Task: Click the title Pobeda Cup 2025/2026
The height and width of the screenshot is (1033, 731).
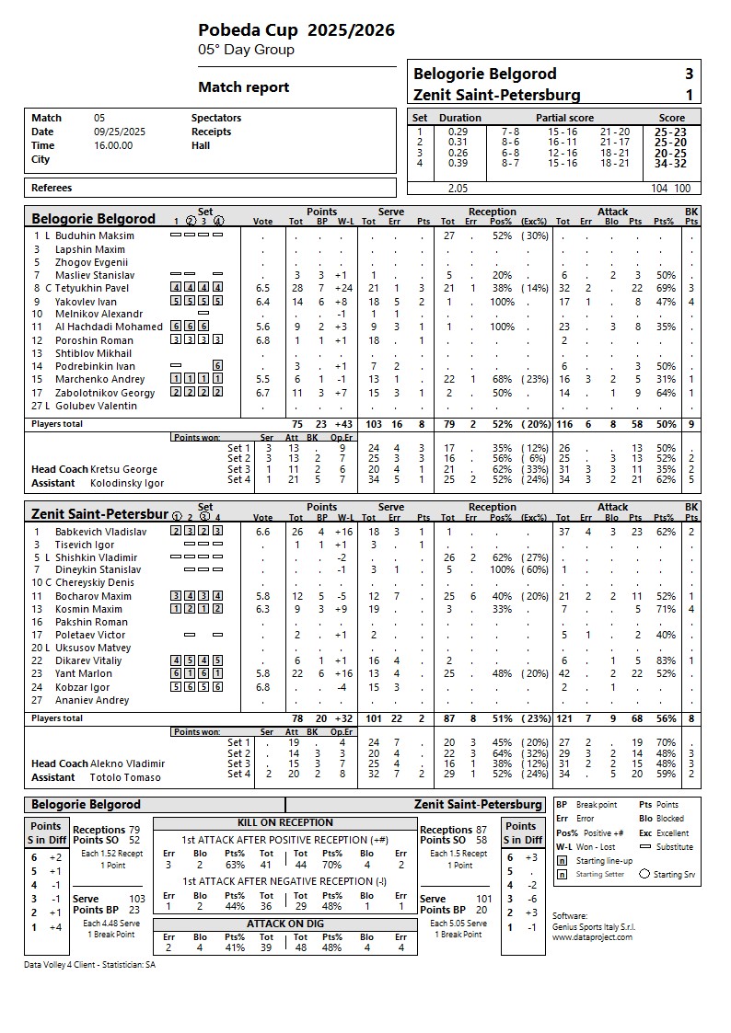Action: pos(296,30)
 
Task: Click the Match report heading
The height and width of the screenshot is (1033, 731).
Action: pos(244,87)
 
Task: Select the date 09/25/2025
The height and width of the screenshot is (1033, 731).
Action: pos(120,132)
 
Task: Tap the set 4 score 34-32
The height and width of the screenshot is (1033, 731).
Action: pos(670,164)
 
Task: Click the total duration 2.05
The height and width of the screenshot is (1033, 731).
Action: pos(458,188)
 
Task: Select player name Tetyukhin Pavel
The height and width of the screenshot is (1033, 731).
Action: pos(92,288)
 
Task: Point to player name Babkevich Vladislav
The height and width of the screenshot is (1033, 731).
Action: pos(100,532)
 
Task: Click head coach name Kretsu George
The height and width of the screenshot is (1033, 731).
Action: pos(123,469)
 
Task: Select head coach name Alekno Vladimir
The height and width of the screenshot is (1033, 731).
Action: pos(128,763)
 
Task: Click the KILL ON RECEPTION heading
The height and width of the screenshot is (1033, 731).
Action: pos(284,822)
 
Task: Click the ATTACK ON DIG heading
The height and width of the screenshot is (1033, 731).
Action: pos(284,923)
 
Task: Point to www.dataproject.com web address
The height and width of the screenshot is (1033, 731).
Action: pos(592,936)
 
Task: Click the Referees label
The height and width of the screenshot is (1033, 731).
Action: pos(52,188)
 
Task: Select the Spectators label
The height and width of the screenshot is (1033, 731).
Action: pos(216,118)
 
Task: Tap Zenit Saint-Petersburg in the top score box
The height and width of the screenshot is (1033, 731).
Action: pos(496,95)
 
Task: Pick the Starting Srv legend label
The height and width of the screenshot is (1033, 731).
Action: pos(674,874)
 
